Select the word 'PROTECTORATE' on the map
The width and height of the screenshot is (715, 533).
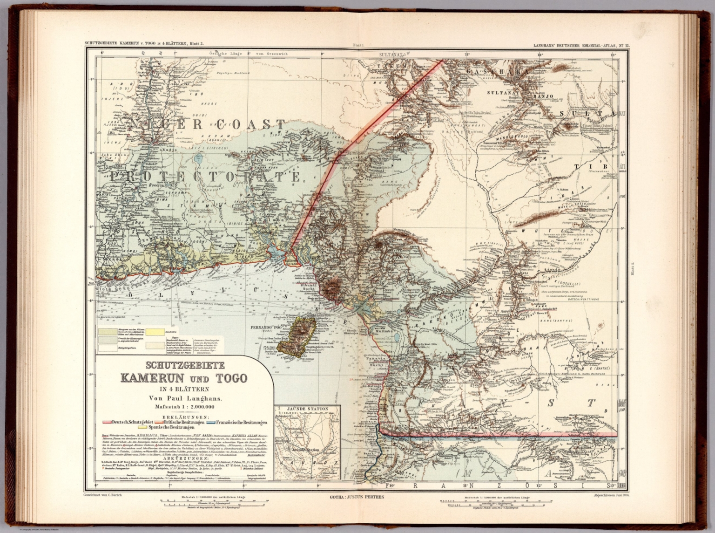coord(205,177)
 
